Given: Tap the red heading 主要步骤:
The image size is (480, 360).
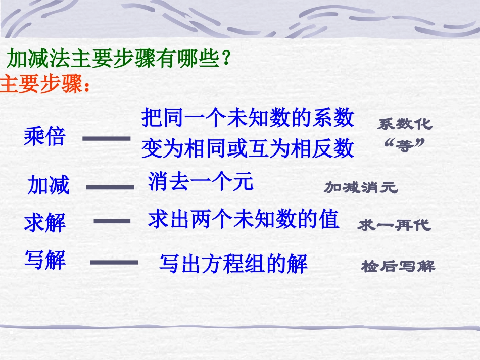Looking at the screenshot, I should click(45, 84).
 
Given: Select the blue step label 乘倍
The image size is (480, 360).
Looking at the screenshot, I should click(44, 137).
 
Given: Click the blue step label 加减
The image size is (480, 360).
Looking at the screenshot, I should click(49, 185).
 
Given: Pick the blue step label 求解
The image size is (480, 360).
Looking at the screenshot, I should click(45, 223).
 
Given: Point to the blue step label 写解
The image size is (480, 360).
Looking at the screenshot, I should click(45, 260).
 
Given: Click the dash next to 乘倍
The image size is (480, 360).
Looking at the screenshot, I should click(106, 137).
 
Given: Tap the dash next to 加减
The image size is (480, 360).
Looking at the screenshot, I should click(110, 187).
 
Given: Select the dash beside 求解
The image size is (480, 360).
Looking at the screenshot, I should click(112, 221).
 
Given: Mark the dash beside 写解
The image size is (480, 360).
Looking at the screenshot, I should click(114, 262).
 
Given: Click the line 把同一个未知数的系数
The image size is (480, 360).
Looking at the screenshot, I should click(248, 118).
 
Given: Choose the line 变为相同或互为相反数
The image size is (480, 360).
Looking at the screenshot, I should click(248, 148).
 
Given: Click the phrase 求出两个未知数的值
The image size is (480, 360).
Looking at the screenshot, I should click(243, 220).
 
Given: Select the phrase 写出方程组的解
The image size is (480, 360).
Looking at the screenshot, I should click(233, 264).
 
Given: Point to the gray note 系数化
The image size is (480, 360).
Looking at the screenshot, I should click(405, 124).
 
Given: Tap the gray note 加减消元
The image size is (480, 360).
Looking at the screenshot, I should click(361, 188).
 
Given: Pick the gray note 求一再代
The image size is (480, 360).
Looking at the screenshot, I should click(394, 225).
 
